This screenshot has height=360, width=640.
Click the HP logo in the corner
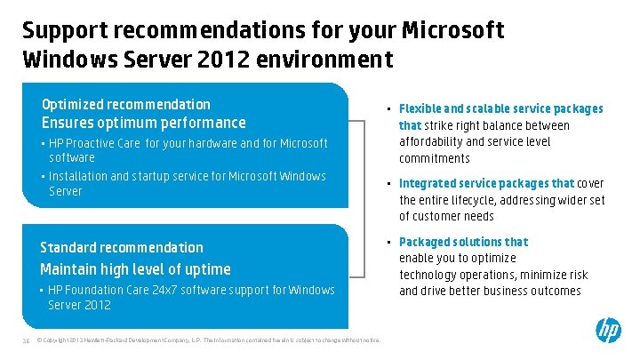coord(608,332)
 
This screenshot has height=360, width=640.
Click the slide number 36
coord(25,340)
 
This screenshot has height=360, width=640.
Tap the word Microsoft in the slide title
coord(453,30)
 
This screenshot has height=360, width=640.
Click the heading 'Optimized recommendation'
coord(126,104)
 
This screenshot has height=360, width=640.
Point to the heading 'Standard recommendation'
coord(122,247)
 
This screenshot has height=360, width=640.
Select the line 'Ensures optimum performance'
coord(143,123)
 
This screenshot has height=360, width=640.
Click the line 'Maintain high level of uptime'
coord(135,268)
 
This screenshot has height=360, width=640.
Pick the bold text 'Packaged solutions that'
coord(463,242)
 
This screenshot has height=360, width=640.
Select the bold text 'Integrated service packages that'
coord(487,183)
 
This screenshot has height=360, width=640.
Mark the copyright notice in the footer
coord(208,340)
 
